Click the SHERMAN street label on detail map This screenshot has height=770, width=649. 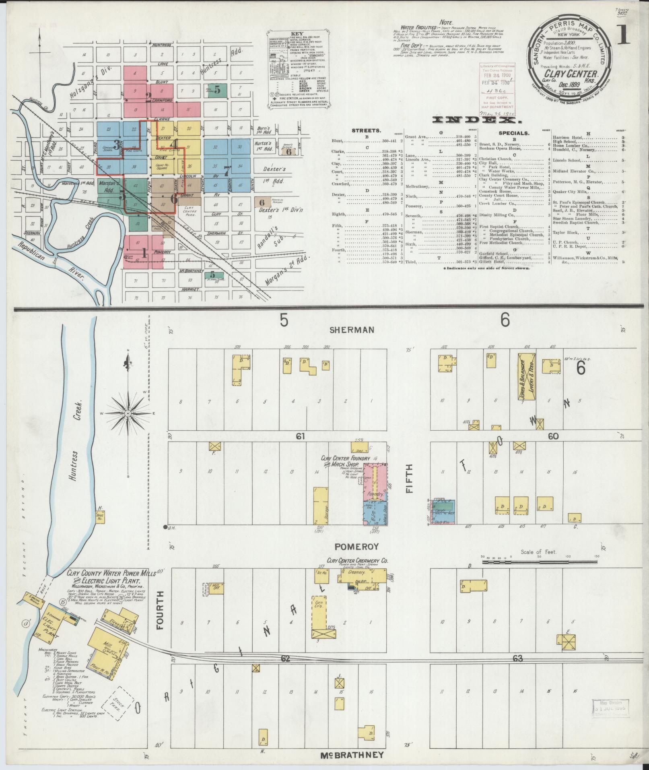pyautogui.click(x=352, y=330)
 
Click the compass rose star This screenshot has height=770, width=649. pyautogui.click(x=128, y=413)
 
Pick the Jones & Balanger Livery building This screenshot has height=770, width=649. pyautogui.click(x=526, y=376)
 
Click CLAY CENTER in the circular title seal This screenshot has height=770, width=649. pyautogui.click(x=573, y=74)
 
